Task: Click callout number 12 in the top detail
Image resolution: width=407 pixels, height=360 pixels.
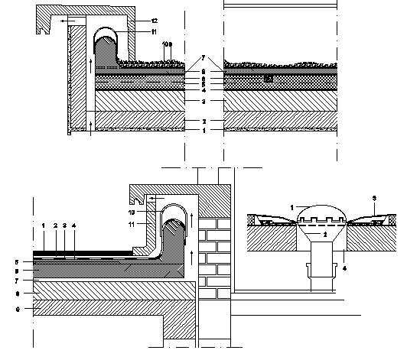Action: click(154, 18)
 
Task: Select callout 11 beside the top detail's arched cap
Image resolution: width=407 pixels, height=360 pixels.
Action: click(154, 32)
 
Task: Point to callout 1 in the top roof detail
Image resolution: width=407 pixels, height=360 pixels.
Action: click(204, 131)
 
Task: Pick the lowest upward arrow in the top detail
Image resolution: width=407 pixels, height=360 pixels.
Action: click(90, 122)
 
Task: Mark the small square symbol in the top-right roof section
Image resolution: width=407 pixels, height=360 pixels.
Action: click(268, 78)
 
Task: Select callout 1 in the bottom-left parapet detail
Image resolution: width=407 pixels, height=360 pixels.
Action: click(45, 226)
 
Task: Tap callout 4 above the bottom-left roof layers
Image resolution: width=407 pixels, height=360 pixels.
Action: click(74, 226)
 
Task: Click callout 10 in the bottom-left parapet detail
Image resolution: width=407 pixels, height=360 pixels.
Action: click(132, 210)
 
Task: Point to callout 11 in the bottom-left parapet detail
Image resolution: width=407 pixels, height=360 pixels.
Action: click(132, 224)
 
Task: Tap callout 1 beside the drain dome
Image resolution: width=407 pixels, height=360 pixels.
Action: click(291, 207)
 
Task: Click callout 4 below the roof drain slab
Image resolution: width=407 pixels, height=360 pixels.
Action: click(346, 268)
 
